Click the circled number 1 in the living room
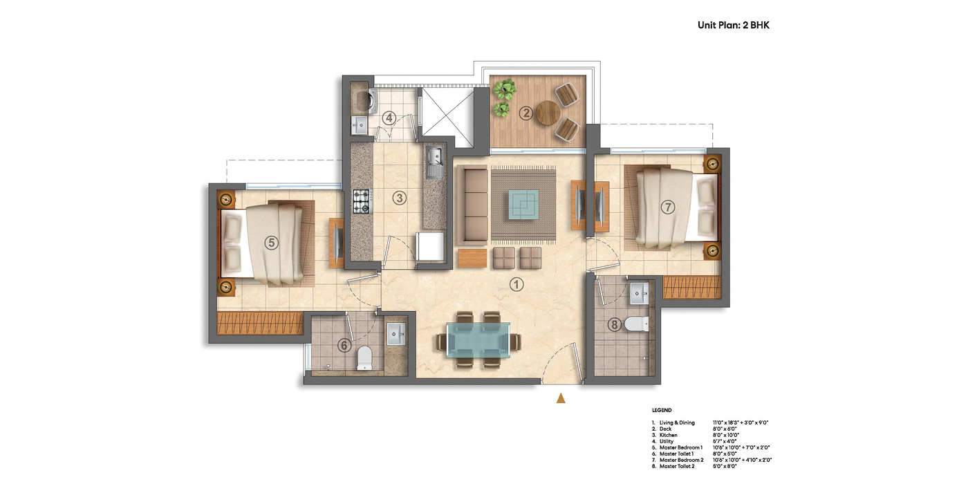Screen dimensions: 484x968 516,283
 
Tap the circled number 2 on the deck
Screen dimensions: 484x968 526,113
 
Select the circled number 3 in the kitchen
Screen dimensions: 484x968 399,198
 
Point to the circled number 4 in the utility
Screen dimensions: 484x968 389,118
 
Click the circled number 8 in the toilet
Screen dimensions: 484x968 614,324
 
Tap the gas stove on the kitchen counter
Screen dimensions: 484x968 362,201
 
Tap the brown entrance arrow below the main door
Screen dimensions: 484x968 561,398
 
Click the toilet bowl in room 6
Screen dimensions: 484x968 364,357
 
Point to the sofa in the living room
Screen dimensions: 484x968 470,205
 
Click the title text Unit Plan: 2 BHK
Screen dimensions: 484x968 733,26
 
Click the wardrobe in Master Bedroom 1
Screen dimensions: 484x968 261,323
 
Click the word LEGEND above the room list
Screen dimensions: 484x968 662,410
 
